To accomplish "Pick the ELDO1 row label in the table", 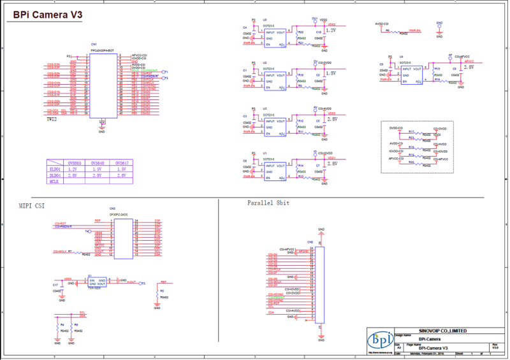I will (x=55, y=169).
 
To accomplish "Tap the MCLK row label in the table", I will (x=54, y=182).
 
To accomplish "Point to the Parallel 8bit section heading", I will (x=269, y=203).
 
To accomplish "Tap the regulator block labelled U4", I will (x=412, y=73).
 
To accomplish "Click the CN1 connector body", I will (x=102, y=85).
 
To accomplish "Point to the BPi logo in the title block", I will (x=381, y=341).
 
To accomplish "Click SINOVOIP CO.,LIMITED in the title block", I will (x=442, y=331).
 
